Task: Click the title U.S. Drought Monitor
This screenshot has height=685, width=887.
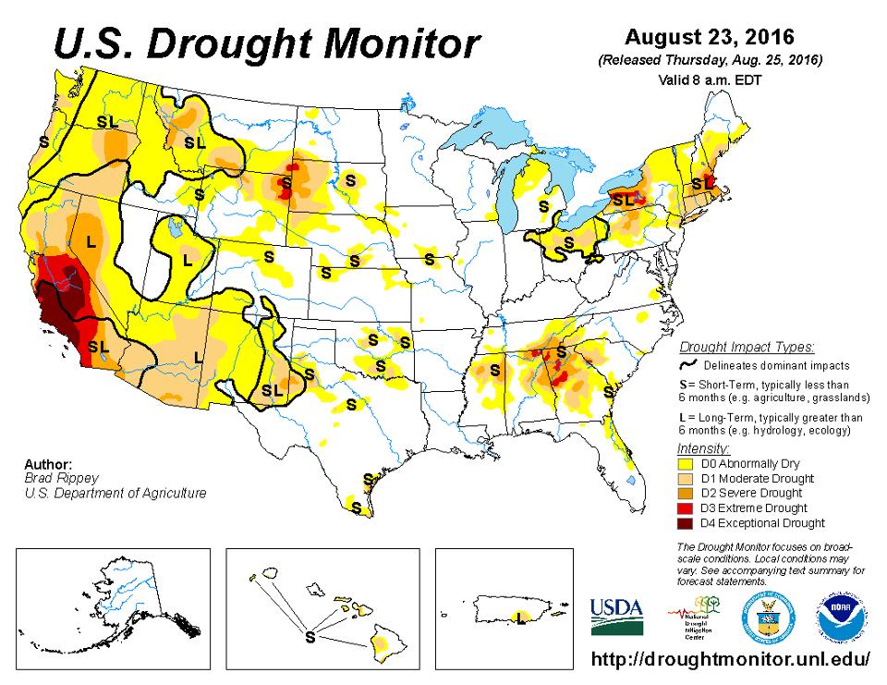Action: click(x=266, y=43)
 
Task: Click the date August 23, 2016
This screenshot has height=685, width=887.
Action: click(x=709, y=38)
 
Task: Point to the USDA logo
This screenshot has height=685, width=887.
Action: click(x=616, y=614)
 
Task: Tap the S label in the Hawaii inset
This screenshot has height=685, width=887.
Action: click(x=310, y=637)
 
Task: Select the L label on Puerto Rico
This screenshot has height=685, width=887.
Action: click(x=522, y=617)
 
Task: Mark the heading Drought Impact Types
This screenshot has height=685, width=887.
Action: click(x=747, y=348)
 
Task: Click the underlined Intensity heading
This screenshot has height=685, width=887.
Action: click(x=703, y=448)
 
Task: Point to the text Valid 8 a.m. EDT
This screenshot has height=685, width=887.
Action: click(x=709, y=80)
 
